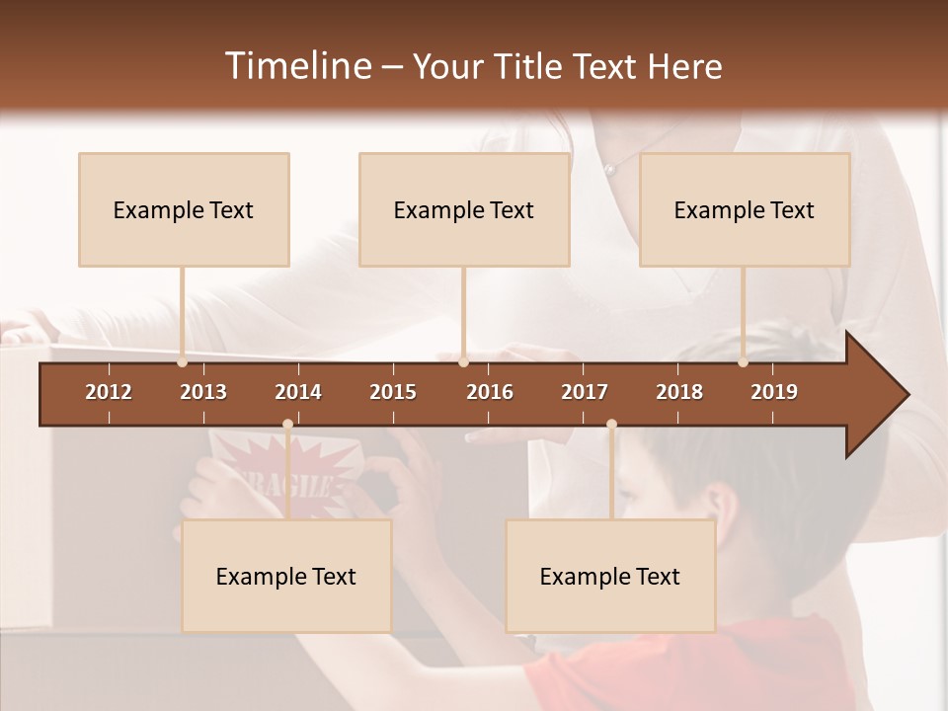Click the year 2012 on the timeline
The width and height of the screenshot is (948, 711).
point(109,392)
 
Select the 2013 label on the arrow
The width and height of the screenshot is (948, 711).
point(203,392)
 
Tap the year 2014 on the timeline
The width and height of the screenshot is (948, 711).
point(298,392)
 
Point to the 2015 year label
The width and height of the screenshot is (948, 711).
point(393,392)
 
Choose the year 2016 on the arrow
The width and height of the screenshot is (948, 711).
point(490,392)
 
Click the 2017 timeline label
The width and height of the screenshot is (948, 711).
point(585,392)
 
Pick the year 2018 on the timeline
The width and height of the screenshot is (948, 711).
point(679,392)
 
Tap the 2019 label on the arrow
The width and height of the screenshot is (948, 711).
point(774,392)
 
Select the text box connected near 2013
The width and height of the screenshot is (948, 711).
point(184,209)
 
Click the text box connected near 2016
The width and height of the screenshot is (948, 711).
point(464,209)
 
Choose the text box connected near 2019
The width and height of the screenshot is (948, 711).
point(745,209)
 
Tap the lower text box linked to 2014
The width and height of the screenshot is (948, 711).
point(286,576)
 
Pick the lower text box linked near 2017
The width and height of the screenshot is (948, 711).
point(610,576)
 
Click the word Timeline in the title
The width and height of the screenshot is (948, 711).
point(296,66)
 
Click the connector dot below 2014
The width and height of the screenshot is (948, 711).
point(287,425)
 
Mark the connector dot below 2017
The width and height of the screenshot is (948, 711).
point(611,425)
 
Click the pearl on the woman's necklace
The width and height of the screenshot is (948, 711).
point(610,170)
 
